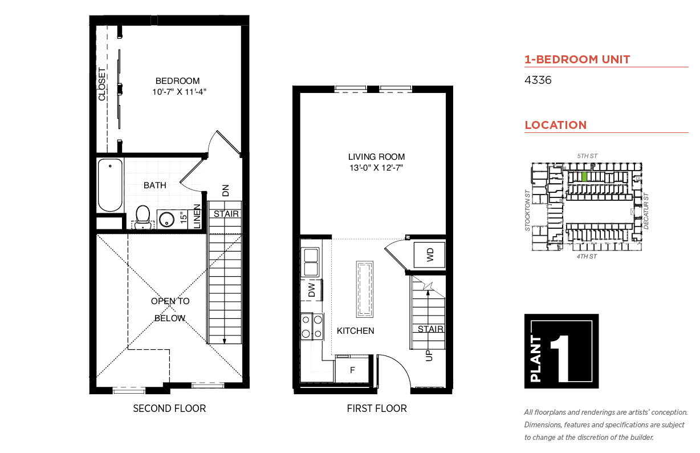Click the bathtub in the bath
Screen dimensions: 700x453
(110, 185)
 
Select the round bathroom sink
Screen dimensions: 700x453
(166, 219)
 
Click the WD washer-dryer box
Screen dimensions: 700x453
(429, 254)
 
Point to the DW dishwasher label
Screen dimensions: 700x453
(312, 290)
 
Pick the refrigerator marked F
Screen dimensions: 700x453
(353, 370)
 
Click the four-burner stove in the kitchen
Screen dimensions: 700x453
(312, 326)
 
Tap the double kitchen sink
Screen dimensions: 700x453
(310, 262)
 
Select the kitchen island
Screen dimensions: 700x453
(364, 289)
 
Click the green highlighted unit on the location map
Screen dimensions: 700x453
(584, 177)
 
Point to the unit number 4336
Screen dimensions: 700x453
(538, 80)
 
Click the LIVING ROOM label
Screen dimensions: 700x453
(376, 157)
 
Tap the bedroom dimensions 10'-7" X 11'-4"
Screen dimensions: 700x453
(179, 92)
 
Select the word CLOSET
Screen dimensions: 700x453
(102, 84)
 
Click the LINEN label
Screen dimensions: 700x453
(197, 216)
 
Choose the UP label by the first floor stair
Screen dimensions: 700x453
(429, 355)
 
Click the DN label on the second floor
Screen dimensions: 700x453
(226, 191)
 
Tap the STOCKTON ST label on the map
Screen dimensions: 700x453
(528, 211)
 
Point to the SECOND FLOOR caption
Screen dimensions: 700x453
(169, 408)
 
